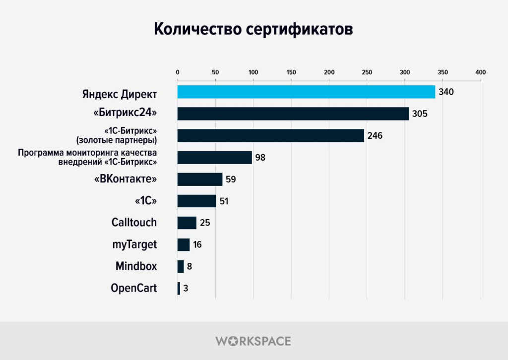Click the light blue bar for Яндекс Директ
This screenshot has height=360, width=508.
pos(306,92)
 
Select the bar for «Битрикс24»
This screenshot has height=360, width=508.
pos(293,114)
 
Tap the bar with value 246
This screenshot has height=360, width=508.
pos(270,135)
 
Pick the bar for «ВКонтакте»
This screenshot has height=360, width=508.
pos(200,179)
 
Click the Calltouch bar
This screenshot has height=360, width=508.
pos(187,223)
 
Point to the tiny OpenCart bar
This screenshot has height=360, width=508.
pos(179,288)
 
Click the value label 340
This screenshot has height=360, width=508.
pos(446,92)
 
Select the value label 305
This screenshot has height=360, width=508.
pos(420,114)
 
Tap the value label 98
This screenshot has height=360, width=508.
pos(260,158)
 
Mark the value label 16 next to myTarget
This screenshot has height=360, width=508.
pos(197,244)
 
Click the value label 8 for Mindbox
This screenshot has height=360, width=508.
pos(190,266)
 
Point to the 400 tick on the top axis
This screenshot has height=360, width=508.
pos(480,72)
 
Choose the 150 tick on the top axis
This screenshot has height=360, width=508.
pos(291,72)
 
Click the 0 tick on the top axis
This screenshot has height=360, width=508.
pos(178,72)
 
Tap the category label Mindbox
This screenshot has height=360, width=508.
pos(136,266)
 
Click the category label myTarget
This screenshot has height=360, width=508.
pos(134,244)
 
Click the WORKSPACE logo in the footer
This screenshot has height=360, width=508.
pos(254,341)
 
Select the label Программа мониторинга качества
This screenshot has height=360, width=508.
pos(87,153)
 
